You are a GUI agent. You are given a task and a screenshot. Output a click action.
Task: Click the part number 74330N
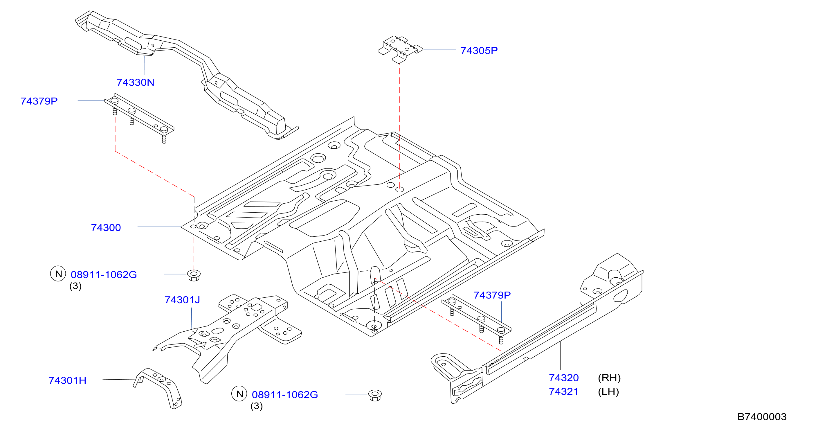pos(135,82)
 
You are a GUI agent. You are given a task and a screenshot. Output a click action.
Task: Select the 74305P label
pos(479,51)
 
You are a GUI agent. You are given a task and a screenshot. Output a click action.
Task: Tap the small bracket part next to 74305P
pos(400,49)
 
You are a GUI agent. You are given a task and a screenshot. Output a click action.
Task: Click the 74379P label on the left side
pos(39,101)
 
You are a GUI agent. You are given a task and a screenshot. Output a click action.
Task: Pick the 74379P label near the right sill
pos(492,295)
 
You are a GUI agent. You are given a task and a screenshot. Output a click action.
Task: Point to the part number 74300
pos(106,227)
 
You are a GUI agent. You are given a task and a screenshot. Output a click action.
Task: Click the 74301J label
pos(182,299)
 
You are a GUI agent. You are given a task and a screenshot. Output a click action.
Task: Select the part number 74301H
pos(67,380)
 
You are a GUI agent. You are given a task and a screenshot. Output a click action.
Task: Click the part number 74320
pos(564,378)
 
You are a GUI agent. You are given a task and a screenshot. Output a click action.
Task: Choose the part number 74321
pos(564,391)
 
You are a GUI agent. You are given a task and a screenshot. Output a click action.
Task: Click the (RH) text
pos(609,378)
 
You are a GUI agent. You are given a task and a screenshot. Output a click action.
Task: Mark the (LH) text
pos(608,391)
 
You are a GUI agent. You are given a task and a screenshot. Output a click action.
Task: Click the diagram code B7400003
pos(762,417)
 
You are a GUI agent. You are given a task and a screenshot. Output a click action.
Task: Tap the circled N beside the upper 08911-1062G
pos(58,274)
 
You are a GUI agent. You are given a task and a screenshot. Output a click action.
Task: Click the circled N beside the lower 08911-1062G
pos(239,394)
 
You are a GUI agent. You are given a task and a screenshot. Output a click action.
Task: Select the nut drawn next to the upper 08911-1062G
pos(194,275)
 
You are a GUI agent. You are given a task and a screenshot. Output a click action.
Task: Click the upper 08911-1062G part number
pos(104,274)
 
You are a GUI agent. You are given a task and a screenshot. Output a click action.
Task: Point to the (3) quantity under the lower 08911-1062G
pos(257,406)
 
